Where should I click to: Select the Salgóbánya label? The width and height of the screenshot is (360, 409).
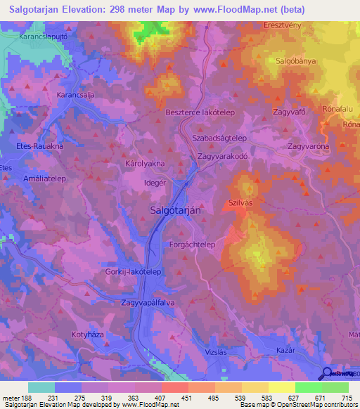pos(296,61)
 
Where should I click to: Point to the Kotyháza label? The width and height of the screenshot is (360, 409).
pos(88,335)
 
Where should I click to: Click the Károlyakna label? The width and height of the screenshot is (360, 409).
pos(145,163)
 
